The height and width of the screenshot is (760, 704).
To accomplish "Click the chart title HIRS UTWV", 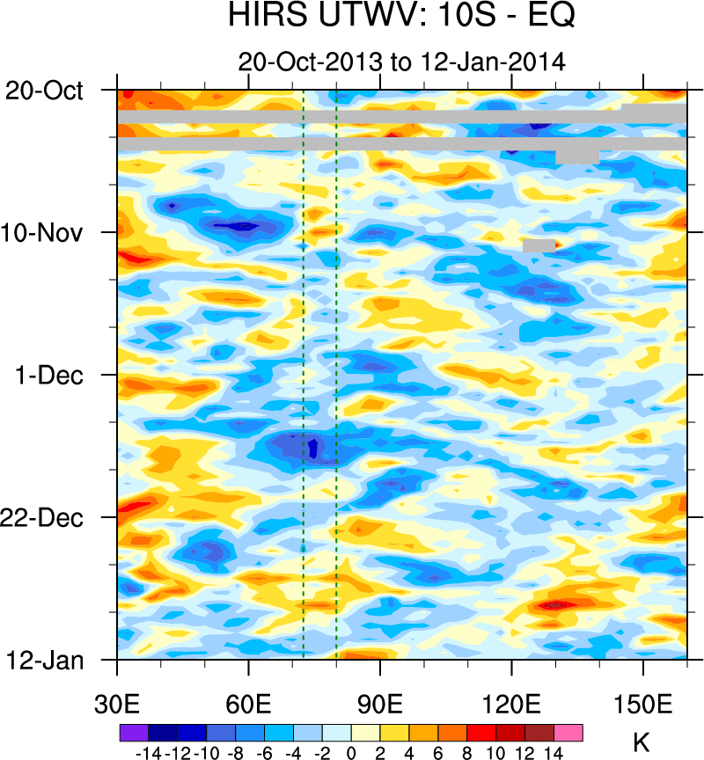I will tap(401, 18).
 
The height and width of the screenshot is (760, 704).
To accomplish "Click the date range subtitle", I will tap(401, 62).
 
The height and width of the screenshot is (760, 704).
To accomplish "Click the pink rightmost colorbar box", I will tap(568, 732).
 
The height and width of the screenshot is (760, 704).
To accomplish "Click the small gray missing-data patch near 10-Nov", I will tap(539, 245).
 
